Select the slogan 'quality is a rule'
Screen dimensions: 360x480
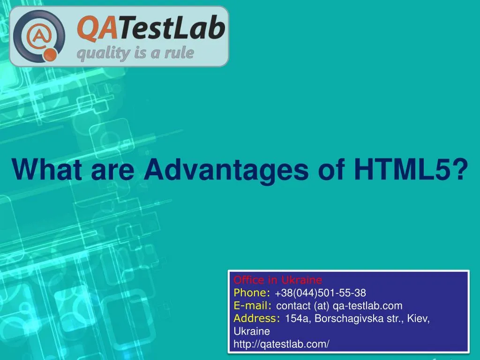pos(135,53)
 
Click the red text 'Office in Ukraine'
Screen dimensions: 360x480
pos(278,280)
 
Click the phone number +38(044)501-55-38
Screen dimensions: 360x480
pos(321,293)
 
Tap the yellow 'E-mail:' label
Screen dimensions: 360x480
pos(253,306)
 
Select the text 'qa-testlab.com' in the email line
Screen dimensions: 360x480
pos(367,306)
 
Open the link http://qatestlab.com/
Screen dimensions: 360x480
pos(281,344)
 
